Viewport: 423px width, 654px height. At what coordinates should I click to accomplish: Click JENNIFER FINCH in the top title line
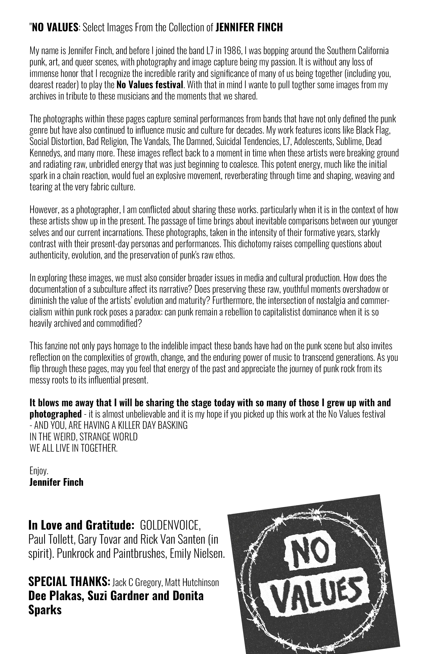click(249, 27)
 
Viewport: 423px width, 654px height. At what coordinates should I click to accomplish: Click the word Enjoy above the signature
click(39, 471)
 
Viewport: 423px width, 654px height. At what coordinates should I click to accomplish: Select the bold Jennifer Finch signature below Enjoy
click(56, 482)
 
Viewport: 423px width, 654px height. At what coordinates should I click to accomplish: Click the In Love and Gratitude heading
click(81, 525)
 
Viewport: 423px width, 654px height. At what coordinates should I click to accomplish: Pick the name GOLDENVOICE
click(170, 525)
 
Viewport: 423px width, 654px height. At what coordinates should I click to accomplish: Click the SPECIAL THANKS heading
click(69, 581)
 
